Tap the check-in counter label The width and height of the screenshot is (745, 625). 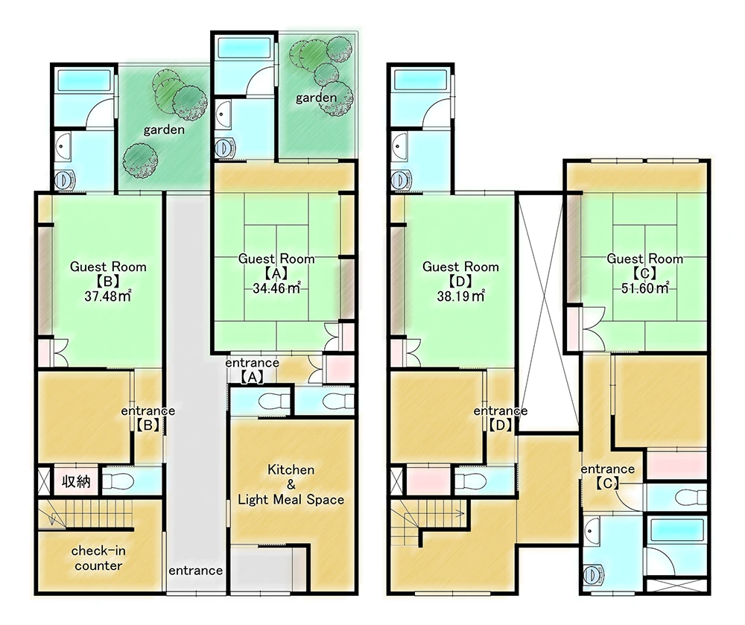click(x=98, y=559)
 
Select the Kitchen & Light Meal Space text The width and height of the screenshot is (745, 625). click(x=291, y=485)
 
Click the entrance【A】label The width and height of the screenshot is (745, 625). click(x=252, y=369)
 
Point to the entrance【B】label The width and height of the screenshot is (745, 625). click(x=149, y=418)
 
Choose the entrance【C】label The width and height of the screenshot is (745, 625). click(x=607, y=475)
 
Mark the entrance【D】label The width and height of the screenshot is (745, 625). click(x=500, y=418)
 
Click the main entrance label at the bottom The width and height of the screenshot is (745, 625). click(x=195, y=571)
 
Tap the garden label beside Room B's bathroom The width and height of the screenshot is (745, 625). click(x=164, y=130)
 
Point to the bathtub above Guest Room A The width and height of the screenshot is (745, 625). click(x=237, y=48)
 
